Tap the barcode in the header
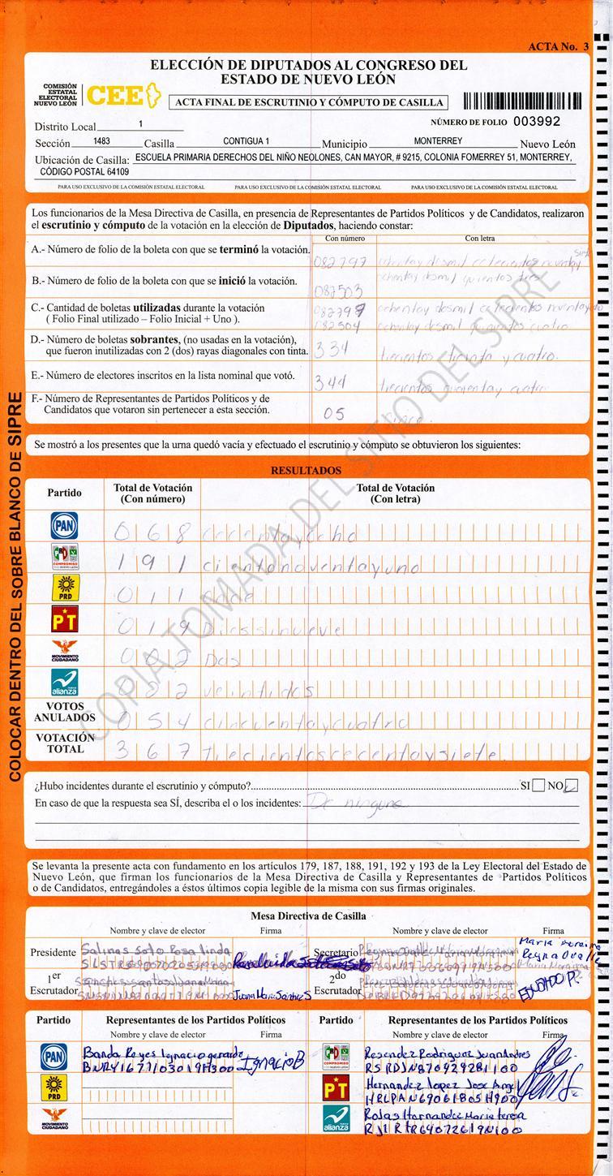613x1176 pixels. pos(522,101)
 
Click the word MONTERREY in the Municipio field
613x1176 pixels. pos(438,141)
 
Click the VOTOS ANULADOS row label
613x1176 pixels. pos(64,712)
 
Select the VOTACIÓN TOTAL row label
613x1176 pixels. pos(64,743)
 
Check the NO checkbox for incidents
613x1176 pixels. pos(572,786)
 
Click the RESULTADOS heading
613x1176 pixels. pos(306,471)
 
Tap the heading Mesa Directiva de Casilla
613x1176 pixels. pos(308,915)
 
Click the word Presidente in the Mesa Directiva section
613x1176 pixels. pos(53,952)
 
